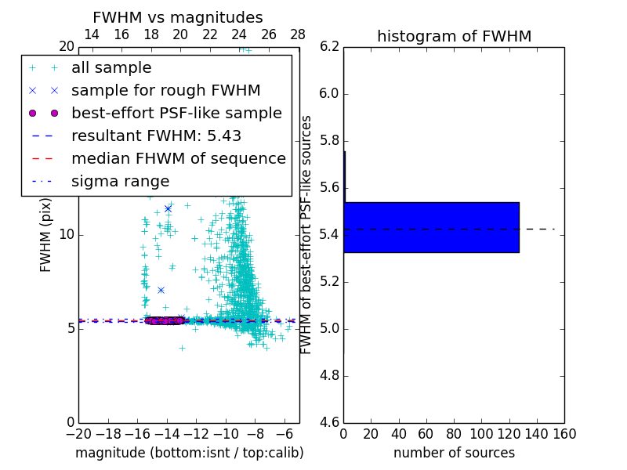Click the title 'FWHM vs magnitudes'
click(x=177, y=17)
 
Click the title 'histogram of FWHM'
click(x=454, y=36)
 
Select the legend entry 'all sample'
click(x=111, y=68)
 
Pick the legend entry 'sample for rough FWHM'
click(x=166, y=91)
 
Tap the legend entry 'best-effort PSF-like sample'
click(x=176, y=114)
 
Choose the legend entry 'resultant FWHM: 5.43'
click(x=156, y=136)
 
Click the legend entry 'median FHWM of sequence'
click(x=179, y=159)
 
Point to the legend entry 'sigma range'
click(x=120, y=182)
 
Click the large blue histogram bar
click(x=431, y=227)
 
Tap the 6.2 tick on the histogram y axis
click(x=329, y=47)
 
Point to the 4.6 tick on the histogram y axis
click(x=329, y=423)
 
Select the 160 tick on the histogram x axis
click(x=564, y=433)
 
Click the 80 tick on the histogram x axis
click(x=454, y=433)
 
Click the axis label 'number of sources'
click(x=454, y=453)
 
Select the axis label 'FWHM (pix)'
click(x=46, y=235)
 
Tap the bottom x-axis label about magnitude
click(x=189, y=453)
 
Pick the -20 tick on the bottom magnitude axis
click(x=78, y=433)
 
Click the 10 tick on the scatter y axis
click(x=67, y=235)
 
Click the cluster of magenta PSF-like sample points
click(x=165, y=320)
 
